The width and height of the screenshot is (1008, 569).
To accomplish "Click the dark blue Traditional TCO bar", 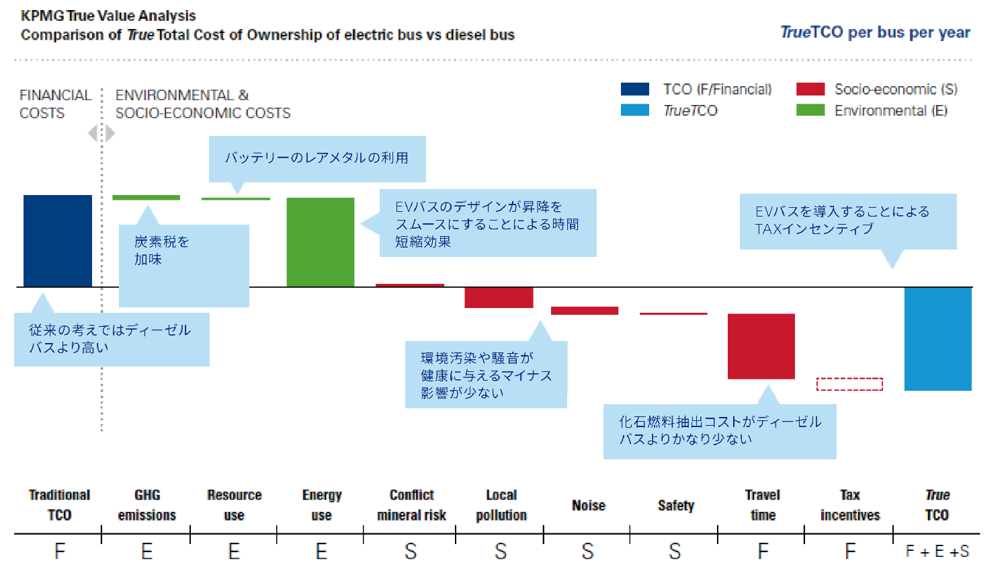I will pos(58,241).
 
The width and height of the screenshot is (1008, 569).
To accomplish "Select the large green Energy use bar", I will pos(321,242).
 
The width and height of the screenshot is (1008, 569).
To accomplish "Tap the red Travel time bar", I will pos(761,346).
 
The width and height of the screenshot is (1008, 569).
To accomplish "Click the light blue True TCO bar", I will pos(937,338).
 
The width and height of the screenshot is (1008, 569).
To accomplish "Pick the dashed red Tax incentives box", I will pos(849,384).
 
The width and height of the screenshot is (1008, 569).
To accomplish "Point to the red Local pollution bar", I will pos(499,297).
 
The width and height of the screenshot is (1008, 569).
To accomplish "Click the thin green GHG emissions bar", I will pos(146,198).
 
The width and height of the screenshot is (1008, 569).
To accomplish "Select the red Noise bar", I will pos(585,311).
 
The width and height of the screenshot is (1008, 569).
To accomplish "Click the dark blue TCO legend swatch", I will pos(635,89).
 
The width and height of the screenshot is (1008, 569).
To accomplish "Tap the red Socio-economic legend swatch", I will pos(810,89).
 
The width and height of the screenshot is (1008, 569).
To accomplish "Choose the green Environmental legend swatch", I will pos(810,110).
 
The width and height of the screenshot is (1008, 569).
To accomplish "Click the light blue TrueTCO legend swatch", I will pos(635,110).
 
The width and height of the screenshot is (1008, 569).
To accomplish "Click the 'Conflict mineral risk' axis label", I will pos(411,505).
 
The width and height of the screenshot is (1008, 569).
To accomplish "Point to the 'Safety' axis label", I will pos(675,506).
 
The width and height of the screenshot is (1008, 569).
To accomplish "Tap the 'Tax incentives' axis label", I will pos(849,505).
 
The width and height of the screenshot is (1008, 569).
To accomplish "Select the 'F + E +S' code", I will pos(937,552).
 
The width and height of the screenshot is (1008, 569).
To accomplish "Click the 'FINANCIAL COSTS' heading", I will pos(55,104).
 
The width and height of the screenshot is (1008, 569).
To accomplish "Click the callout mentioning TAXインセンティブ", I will pos(847,221).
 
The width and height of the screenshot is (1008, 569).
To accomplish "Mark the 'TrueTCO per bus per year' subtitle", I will pos(875,32).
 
